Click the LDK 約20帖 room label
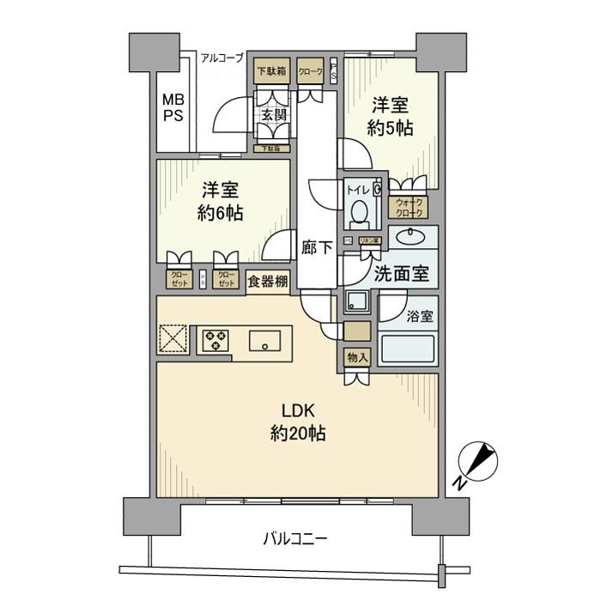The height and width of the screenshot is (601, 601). pos(297,423)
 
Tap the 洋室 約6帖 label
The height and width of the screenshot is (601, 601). pos(222,201)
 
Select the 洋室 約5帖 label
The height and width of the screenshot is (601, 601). pos(392,117)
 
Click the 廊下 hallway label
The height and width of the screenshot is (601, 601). pos(317,248)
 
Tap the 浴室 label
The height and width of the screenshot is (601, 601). pos(421,315)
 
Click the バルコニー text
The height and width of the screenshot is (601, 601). pos(294,539)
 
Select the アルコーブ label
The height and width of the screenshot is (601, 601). pos(222,58)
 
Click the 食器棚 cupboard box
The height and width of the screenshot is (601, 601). pos(268,280)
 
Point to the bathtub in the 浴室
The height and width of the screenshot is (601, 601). pos(409,350)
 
